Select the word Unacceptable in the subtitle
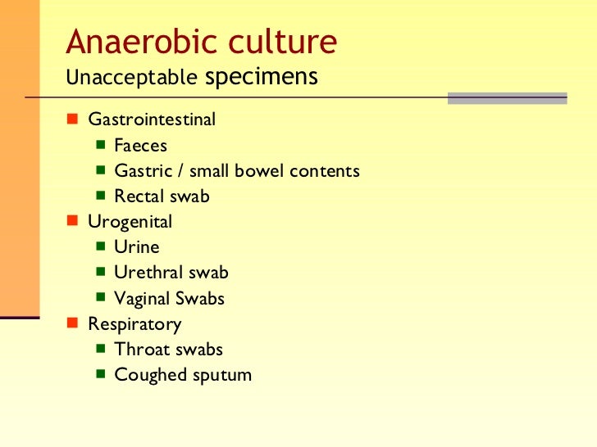coord(131,78)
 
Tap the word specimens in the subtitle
coord(261,77)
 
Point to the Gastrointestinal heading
coord(152,120)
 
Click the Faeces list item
coord(140,146)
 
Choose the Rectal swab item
coord(162,196)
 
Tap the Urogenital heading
coord(130,222)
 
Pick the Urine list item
coord(136,247)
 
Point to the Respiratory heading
coord(134,324)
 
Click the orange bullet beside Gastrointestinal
coord(71,120)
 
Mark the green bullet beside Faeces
coord(99,145)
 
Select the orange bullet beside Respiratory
coord(71,323)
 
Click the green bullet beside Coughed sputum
coord(99,375)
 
